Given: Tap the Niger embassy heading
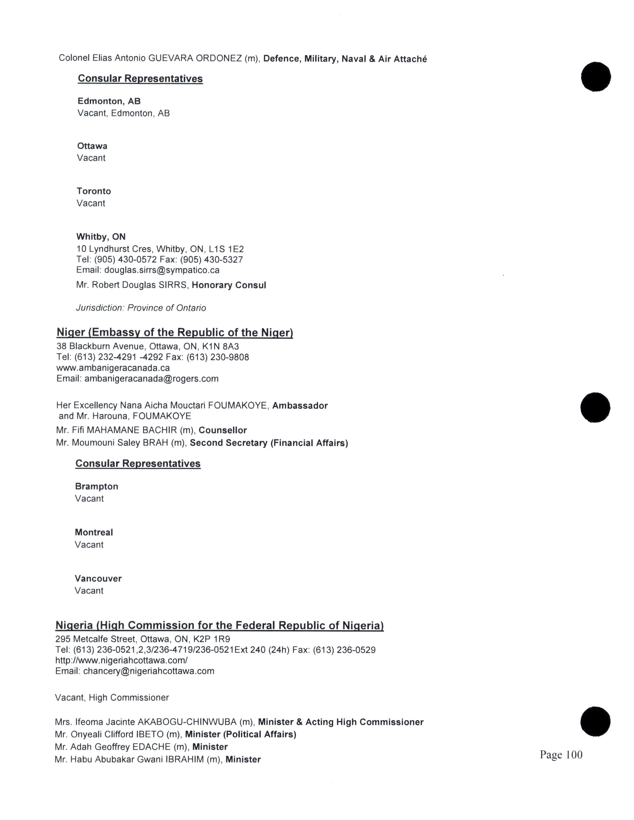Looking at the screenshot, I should [x=175, y=333].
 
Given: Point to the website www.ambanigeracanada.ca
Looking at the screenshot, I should [x=113, y=368].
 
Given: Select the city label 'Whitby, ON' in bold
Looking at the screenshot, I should [x=101, y=237].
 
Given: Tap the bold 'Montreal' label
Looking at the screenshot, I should [x=94, y=533].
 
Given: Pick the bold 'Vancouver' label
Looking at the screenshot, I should [x=98, y=578].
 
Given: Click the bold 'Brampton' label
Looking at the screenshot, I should [x=96, y=487].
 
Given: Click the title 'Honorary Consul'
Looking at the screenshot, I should [x=229, y=285].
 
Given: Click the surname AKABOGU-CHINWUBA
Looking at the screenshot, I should [x=187, y=722].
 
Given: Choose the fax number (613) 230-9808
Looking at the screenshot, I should [x=218, y=357].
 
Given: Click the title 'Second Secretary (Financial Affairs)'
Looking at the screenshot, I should [x=269, y=443].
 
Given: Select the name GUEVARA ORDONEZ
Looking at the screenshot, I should [x=195, y=59].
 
